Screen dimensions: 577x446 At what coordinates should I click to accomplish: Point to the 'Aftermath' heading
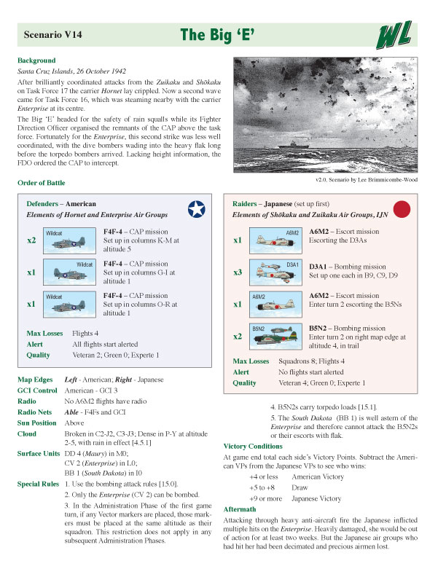tap(241, 508)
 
